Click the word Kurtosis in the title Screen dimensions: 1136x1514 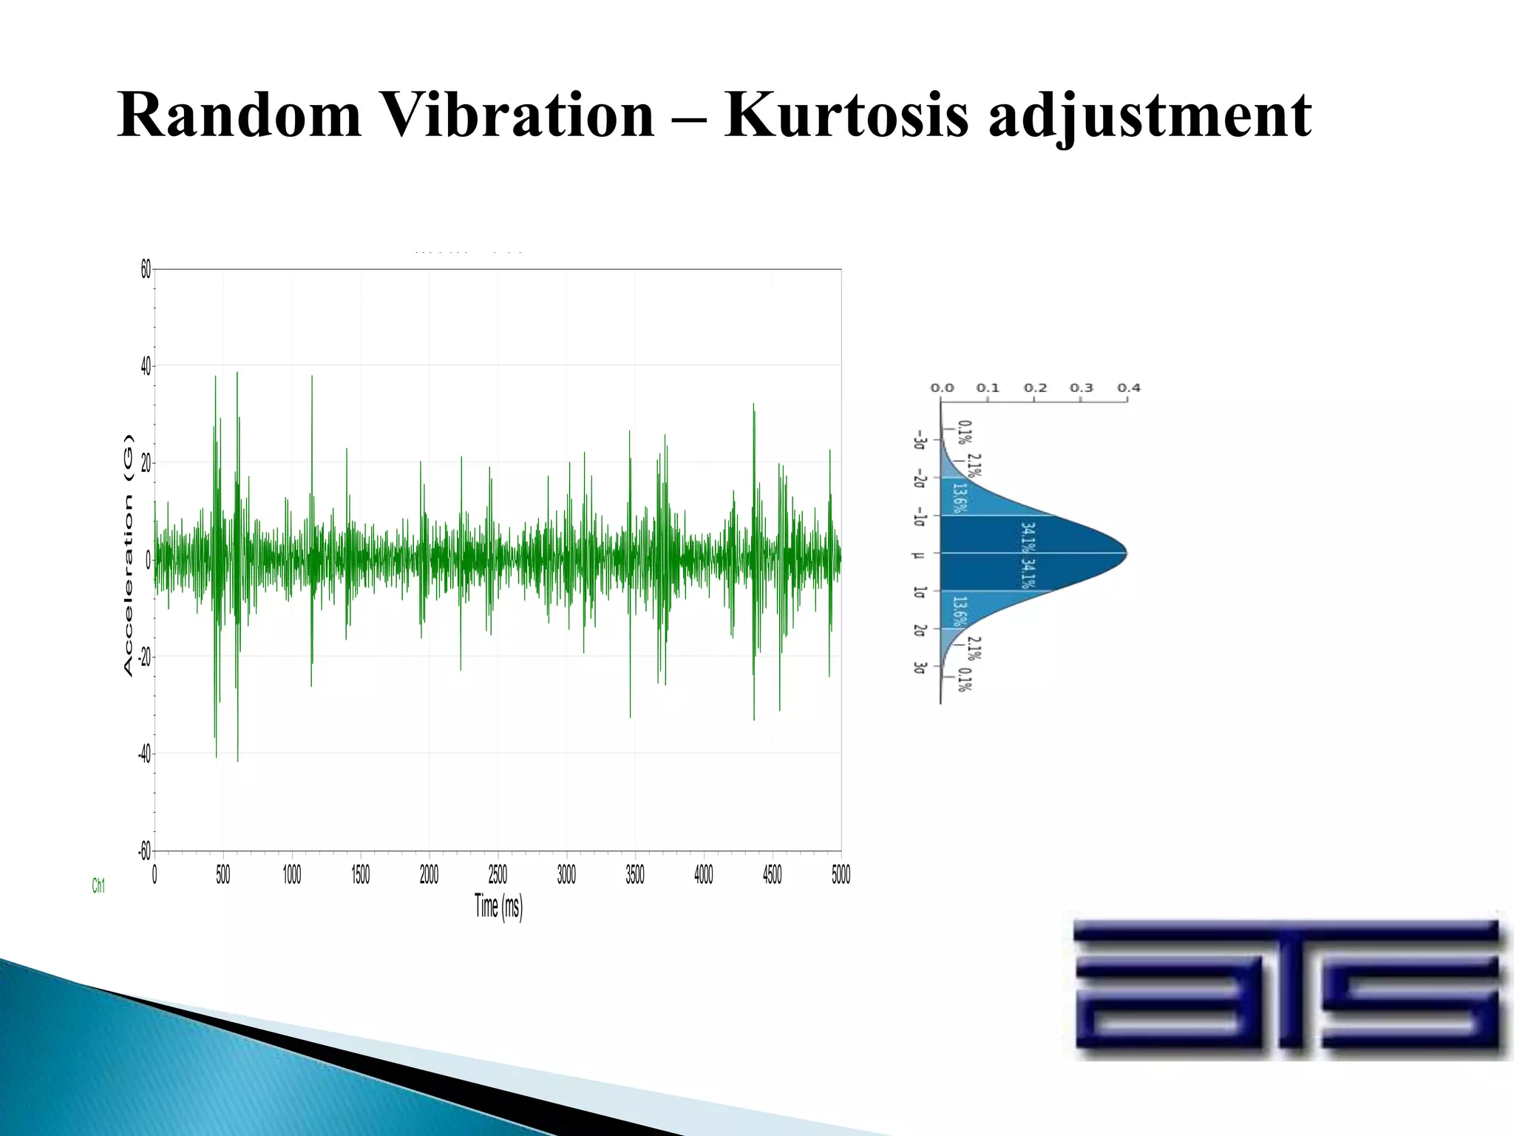click(x=846, y=116)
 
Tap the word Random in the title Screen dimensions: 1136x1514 click(x=239, y=116)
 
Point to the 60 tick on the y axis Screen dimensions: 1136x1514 click(x=146, y=271)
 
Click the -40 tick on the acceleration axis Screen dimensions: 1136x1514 click(x=144, y=754)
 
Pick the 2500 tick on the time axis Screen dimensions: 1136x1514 click(x=498, y=876)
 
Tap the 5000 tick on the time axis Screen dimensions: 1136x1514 click(x=841, y=876)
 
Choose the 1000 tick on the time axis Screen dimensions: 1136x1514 click(x=292, y=876)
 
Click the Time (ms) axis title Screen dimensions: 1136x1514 click(x=498, y=906)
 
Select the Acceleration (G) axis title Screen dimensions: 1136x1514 click(x=129, y=555)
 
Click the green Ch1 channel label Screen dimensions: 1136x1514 click(x=98, y=886)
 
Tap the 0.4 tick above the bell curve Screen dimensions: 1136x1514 click(x=1128, y=388)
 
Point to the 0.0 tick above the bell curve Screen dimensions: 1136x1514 click(x=942, y=388)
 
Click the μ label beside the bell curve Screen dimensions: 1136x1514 click(x=919, y=554)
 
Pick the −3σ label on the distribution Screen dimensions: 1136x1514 click(x=919, y=440)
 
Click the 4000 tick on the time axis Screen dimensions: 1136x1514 click(x=703, y=876)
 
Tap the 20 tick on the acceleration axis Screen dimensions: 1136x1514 click(x=146, y=464)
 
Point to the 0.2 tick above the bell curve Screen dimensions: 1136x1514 click(x=1035, y=388)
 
